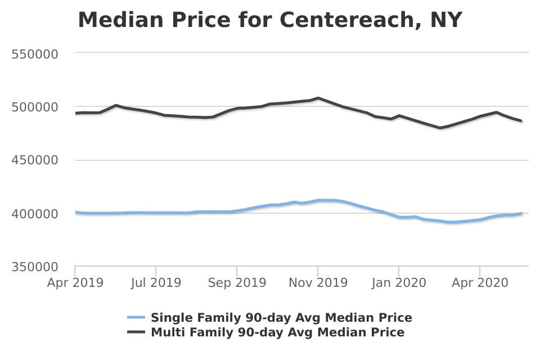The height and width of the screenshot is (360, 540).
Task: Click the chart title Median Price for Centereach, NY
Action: click(x=270, y=20)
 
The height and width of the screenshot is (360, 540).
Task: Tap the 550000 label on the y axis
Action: click(x=35, y=54)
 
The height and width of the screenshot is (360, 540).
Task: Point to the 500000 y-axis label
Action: click(x=35, y=107)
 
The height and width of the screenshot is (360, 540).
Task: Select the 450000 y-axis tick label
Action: click(x=35, y=160)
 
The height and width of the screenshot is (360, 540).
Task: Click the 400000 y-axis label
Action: click(x=35, y=214)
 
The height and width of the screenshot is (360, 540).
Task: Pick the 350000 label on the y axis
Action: click(x=35, y=267)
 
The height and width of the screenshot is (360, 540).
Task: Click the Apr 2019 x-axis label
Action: click(x=75, y=283)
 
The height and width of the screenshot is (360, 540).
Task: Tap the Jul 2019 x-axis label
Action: click(x=156, y=283)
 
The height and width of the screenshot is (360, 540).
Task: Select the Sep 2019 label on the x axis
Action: click(x=237, y=283)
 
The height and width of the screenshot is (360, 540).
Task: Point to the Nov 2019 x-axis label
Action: click(x=318, y=283)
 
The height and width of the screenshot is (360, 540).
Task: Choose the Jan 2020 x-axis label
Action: click(x=399, y=283)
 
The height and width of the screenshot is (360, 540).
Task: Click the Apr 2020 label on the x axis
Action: click(x=480, y=283)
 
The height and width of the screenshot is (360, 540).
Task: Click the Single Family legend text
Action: click(x=281, y=318)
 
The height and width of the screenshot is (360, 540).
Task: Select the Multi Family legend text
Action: click(x=277, y=332)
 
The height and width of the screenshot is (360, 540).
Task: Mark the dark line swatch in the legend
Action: click(x=136, y=332)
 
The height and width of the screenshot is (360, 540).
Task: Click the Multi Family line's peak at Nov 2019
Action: click(x=318, y=98)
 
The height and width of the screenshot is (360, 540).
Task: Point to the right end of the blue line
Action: click(x=521, y=214)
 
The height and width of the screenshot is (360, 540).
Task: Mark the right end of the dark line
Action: click(x=521, y=120)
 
